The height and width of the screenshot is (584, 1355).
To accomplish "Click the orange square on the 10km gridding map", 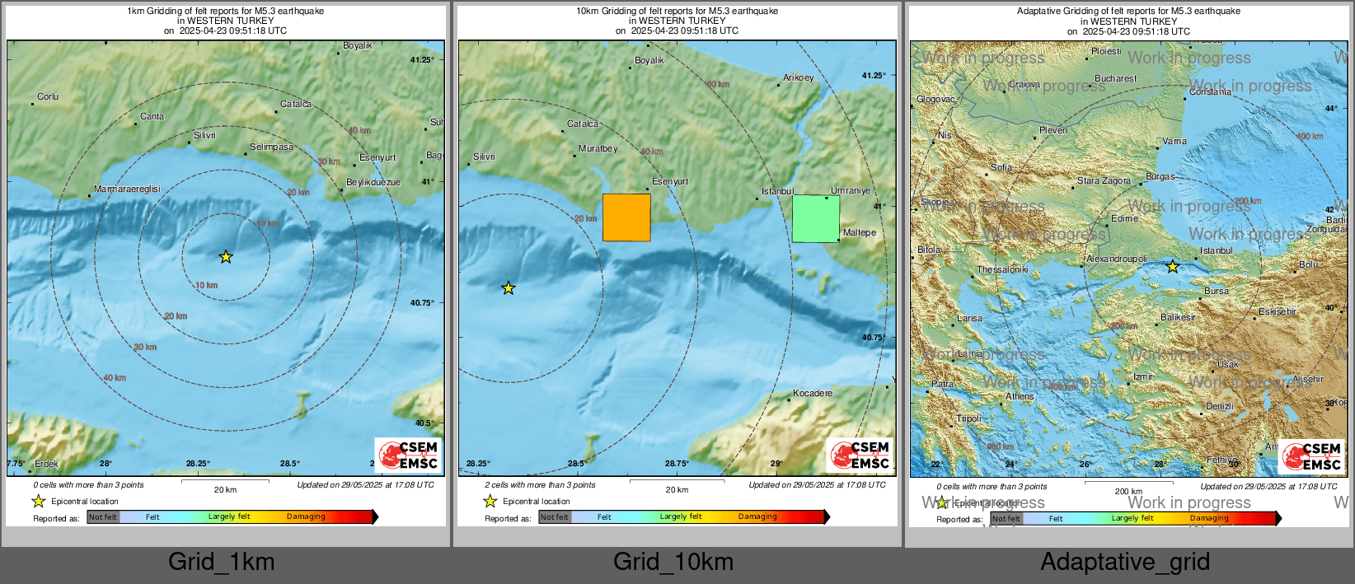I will click(x=626, y=217).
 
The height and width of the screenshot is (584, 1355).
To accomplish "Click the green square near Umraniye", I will click(x=816, y=219).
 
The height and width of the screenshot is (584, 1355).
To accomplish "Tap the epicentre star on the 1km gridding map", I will click(x=226, y=257).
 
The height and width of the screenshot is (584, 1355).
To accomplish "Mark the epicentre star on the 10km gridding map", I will click(x=509, y=288).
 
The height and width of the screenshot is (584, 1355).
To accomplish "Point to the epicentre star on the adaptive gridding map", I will click(x=1172, y=267).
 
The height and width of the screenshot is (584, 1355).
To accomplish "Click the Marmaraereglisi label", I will click(x=127, y=189).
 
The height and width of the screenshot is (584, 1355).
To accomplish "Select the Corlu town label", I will click(x=48, y=97).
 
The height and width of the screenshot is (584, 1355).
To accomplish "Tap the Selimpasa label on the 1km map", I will click(x=271, y=147).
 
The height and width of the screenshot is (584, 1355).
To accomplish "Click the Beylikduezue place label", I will click(x=373, y=183).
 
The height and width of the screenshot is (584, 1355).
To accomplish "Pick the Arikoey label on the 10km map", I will click(x=798, y=78).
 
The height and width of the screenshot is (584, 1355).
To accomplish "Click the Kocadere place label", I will click(x=813, y=394).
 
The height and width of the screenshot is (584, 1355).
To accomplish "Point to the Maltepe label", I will click(x=860, y=233).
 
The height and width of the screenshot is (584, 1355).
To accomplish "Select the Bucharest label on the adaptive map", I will click(x=1115, y=79).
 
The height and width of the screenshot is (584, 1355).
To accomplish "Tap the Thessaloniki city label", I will click(x=1002, y=270).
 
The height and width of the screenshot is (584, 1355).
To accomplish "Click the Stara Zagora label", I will click(x=1104, y=181).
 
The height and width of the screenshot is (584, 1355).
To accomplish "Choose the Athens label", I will click(x=1020, y=397).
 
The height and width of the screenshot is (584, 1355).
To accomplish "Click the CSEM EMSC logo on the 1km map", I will click(x=409, y=455).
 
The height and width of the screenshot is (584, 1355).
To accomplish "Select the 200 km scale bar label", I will click(x=1128, y=492).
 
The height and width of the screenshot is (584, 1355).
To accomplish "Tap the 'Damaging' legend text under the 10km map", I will click(x=757, y=517).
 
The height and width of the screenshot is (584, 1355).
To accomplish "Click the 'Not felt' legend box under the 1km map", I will click(x=103, y=517).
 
